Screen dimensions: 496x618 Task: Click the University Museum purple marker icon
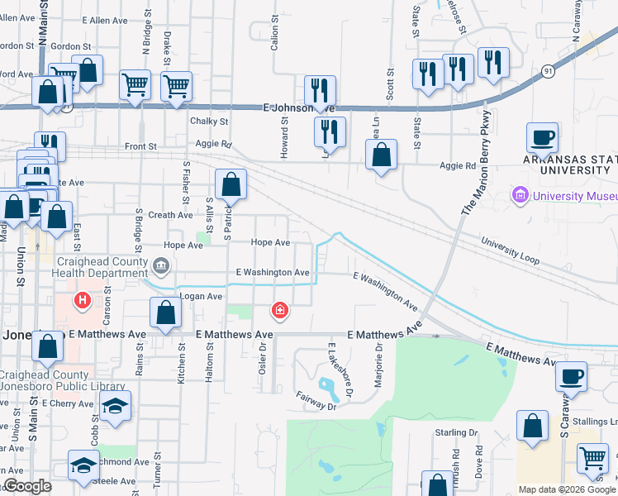pos(521,196)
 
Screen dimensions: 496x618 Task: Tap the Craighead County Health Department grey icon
pos(161,265)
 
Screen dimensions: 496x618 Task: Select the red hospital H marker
pos(82,300)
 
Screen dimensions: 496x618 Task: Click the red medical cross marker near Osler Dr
pos(280,310)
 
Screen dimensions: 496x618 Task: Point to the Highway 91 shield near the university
pos(549,72)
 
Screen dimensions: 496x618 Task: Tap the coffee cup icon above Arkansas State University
pos(542,136)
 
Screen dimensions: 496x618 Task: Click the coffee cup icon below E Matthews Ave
pos(571,376)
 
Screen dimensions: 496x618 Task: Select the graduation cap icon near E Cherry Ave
pos(115,405)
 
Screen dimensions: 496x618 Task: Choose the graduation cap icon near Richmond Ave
pos(83,465)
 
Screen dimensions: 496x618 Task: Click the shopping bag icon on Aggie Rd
pos(381,154)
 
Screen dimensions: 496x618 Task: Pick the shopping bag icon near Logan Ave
pos(165,312)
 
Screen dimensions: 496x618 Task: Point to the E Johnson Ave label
pos(299,107)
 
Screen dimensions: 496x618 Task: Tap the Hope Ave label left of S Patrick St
pos(183,246)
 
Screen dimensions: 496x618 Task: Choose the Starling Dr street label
pos(457,432)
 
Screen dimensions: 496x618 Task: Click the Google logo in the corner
pos(26,486)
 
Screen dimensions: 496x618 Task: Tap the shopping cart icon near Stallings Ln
pos(592,457)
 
